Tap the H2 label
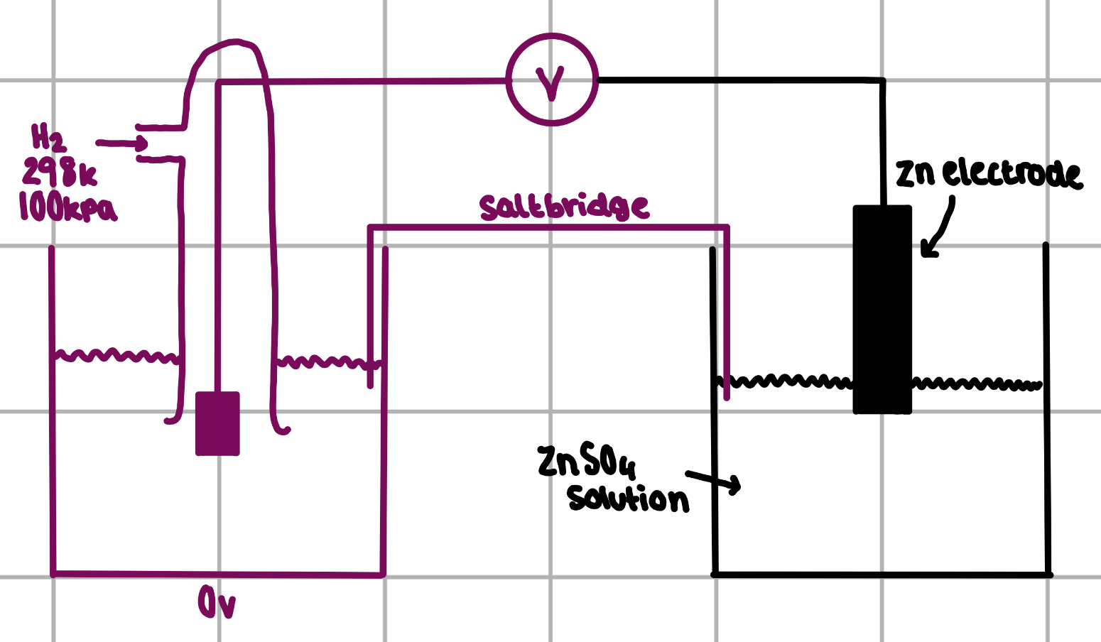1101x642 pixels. (x=48, y=137)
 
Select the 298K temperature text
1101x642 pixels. (x=59, y=172)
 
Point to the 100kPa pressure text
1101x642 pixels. (x=67, y=207)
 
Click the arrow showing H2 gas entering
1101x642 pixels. (x=121, y=143)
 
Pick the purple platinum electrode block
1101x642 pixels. (x=217, y=424)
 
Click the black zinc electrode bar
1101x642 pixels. (x=882, y=310)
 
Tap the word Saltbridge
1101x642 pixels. (x=564, y=207)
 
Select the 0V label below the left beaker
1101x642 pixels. (x=217, y=604)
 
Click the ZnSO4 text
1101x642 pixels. (x=587, y=462)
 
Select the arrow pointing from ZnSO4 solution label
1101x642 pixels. (x=714, y=481)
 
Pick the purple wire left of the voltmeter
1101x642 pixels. (x=362, y=82)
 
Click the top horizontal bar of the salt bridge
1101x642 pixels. (x=548, y=227)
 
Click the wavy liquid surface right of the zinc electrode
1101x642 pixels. (x=977, y=384)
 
